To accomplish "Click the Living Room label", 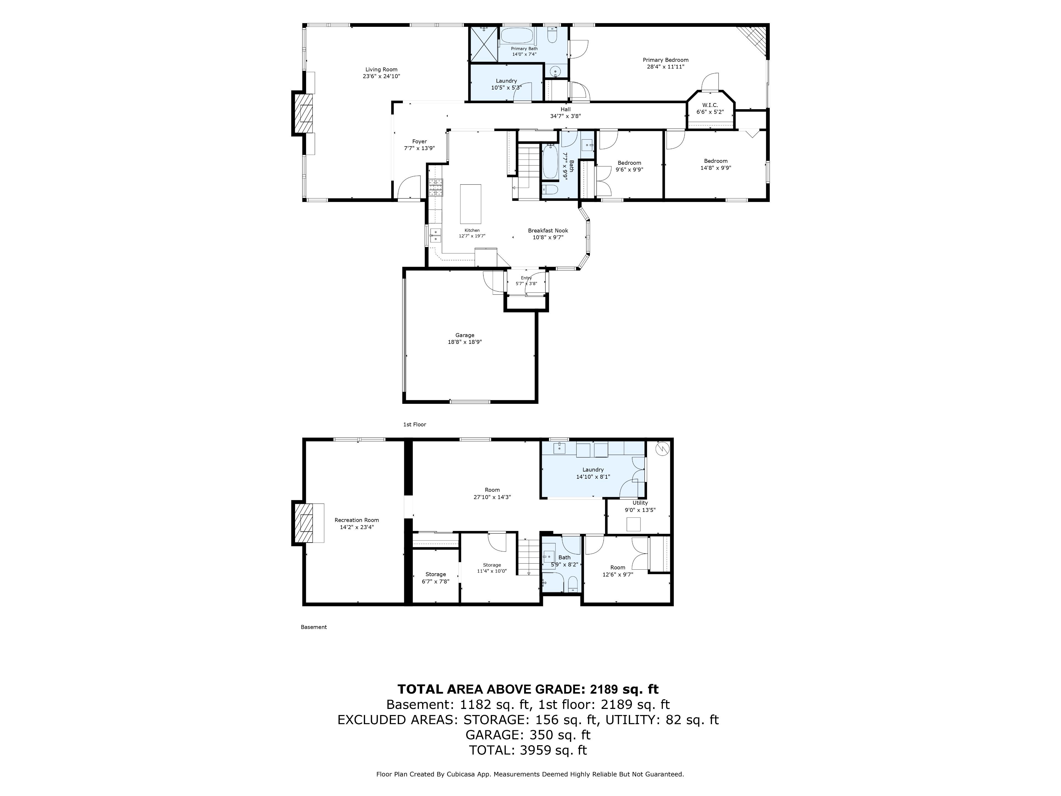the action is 381,70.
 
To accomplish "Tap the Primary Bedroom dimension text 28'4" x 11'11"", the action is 665,67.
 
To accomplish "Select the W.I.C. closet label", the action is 710,105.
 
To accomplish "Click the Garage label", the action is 464,335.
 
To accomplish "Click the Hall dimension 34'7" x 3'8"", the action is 566,116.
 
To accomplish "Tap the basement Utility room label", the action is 640,503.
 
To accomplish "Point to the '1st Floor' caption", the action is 414,425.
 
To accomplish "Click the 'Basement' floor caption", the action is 314,627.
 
